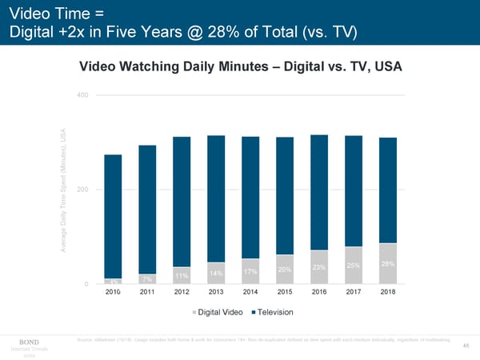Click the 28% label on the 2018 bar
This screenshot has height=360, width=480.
tap(387, 265)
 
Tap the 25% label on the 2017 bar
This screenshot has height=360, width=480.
tap(353, 266)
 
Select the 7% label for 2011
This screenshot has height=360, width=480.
tap(147, 278)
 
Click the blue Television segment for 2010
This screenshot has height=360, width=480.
tap(113, 216)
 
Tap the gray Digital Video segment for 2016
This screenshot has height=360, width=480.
tap(318, 267)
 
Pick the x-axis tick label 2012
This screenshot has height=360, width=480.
tap(182, 293)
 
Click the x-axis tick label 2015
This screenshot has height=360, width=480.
tap(285, 293)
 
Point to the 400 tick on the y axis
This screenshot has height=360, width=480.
tap(81, 96)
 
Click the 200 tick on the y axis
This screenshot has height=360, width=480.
tap(81, 190)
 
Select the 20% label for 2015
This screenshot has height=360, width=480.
tap(284, 270)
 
